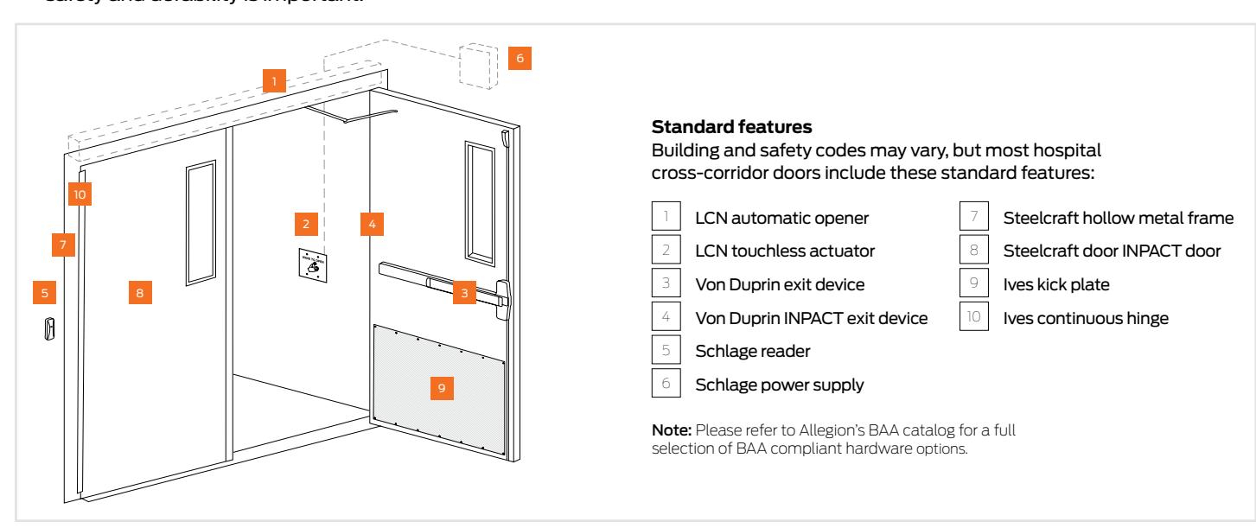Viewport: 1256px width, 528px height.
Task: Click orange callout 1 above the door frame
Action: tap(273, 82)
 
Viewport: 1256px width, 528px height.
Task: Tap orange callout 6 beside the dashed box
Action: tap(519, 58)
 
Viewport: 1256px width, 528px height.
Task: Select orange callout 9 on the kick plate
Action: tap(442, 388)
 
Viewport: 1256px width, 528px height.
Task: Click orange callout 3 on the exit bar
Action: tap(464, 294)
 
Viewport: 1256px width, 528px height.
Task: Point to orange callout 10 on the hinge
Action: tap(80, 194)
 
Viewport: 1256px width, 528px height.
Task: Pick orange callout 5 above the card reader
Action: tap(45, 293)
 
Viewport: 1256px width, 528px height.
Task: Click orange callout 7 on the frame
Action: tap(63, 245)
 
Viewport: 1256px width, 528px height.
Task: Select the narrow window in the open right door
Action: tap(476, 202)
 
